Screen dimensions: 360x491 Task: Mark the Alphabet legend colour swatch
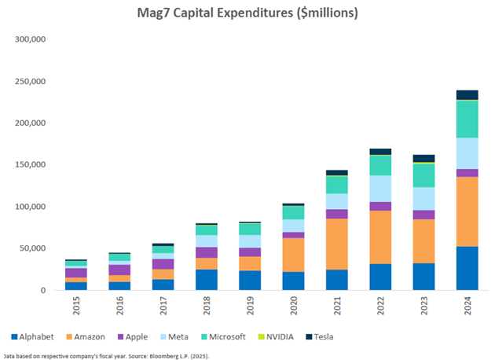click(x=8, y=336)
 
